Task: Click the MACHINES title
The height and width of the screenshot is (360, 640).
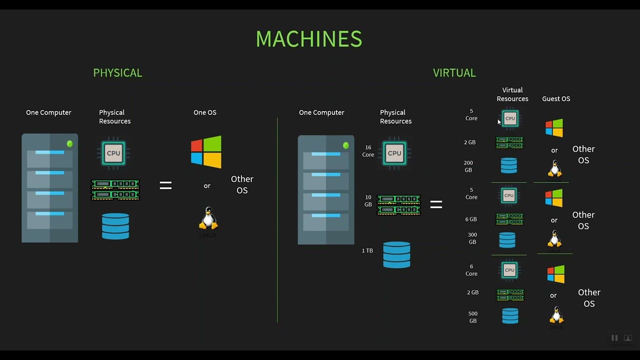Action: click(308, 39)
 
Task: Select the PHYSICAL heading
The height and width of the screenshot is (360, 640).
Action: click(117, 73)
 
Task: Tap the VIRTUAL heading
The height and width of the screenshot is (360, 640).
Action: click(454, 73)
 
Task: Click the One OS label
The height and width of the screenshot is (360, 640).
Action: click(205, 112)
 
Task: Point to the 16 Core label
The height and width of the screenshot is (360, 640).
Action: click(368, 151)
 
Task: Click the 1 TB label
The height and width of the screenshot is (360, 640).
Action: click(367, 250)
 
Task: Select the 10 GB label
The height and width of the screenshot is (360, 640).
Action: click(368, 201)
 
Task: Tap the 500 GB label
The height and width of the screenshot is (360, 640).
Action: click(473, 317)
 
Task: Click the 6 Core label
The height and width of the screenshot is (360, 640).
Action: click(471, 270)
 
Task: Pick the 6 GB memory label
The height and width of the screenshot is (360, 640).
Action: click(470, 219)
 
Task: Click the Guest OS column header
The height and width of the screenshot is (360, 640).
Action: click(556, 99)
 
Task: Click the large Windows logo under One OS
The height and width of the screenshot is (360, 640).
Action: click(206, 152)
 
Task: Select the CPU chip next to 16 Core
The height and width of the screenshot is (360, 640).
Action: click(394, 153)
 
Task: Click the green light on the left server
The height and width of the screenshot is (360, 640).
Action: click(69, 144)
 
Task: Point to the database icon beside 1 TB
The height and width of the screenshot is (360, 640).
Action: click(396, 254)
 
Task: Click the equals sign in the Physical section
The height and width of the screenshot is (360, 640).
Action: click(165, 185)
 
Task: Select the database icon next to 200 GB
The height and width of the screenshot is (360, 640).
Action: click(509, 165)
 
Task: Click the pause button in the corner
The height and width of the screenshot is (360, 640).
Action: click(614, 338)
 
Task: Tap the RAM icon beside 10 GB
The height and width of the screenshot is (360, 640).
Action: click(398, 205)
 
